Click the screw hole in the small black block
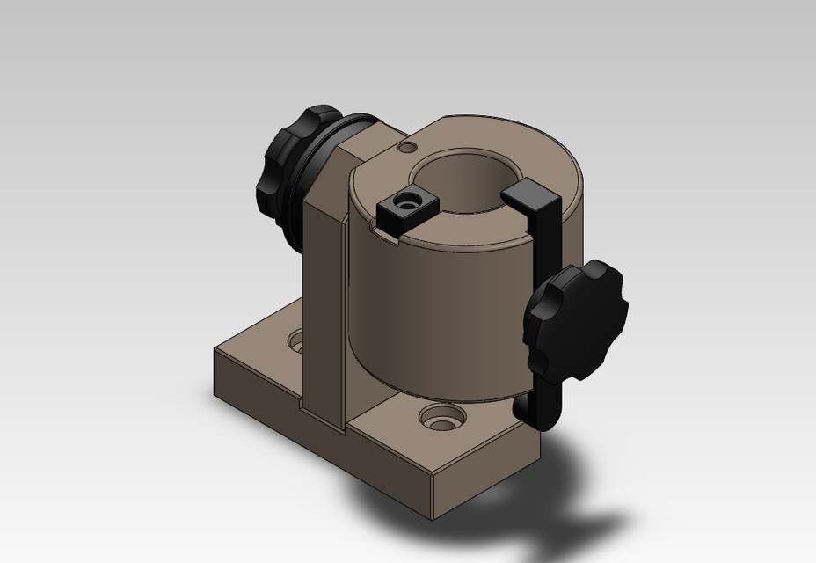407,202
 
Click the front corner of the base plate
433,479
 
